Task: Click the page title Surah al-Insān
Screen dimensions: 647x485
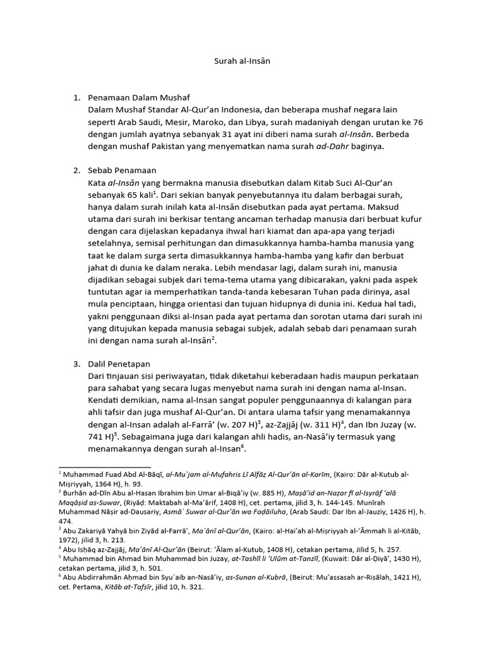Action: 242,63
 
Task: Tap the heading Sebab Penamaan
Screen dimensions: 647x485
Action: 123,171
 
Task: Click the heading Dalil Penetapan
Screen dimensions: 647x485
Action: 123,364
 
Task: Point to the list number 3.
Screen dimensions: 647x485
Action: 76,364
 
